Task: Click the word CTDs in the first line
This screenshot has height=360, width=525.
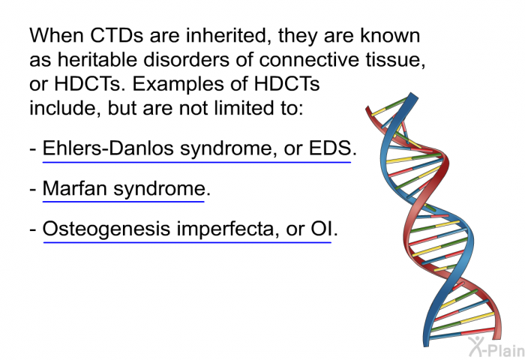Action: click(117, 35)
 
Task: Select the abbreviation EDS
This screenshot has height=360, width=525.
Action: click(330, 148)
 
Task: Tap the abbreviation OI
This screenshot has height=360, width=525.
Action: click(322, 229)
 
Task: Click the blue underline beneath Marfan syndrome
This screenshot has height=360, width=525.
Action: click(124, 202)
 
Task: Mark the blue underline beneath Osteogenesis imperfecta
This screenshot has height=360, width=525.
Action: click(187, 241)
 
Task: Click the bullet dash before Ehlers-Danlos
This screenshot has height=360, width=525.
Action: click(33, 149)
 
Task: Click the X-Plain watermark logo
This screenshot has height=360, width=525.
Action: click(496, 347)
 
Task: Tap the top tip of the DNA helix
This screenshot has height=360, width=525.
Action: click(414, 94)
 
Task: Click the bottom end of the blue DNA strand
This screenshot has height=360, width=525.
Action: click(426, 344)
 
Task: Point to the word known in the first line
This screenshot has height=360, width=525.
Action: click(390, 35)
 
